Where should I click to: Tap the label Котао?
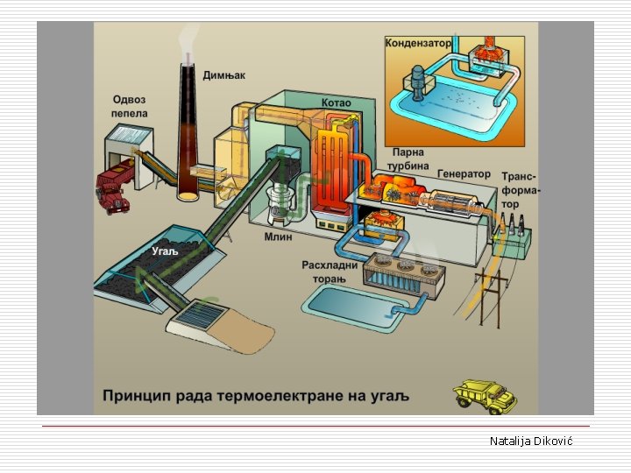pos(336,102)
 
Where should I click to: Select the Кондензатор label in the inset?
pos(419,42)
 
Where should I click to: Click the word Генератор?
pos(464,173)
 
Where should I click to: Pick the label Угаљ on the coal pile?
pos(165,251)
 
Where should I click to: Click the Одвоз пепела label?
pos(130,106)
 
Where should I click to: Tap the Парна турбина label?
pos(408,159)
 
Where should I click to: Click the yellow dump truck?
pos(485,395)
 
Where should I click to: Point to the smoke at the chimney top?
pos(186,39)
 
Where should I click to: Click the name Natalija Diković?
pos(530,441)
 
